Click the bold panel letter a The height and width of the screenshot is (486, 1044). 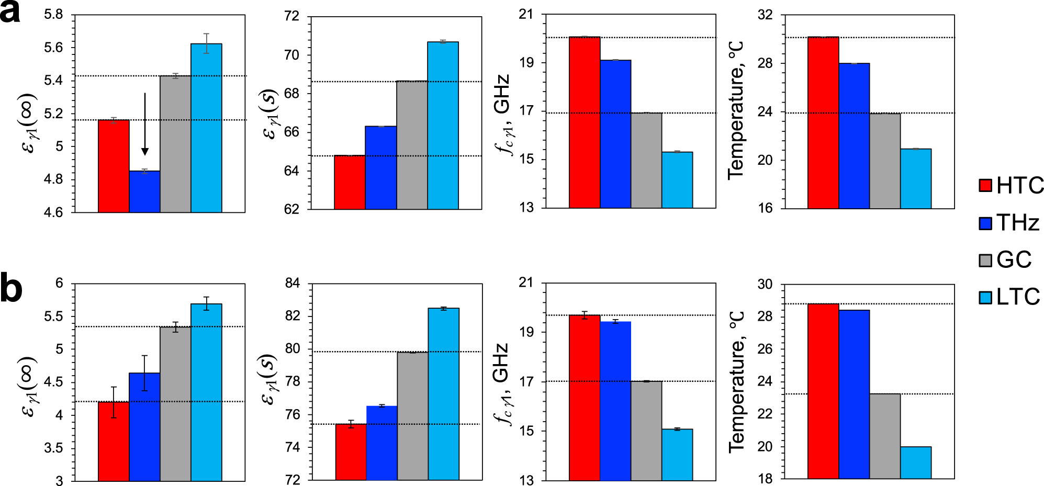click(x=10, y=12)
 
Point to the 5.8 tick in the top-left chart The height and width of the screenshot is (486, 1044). click(x=53, y=15)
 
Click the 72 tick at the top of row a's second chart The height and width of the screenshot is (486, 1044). click(x=292, y=16)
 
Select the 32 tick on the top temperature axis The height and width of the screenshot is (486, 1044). click(x=765, y=15)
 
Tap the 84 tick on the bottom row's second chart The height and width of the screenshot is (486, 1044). click(x=292, y=284)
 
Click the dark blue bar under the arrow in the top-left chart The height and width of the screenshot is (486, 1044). click(x=144, y=191)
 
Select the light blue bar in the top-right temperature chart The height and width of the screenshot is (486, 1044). click(x=916, y=178)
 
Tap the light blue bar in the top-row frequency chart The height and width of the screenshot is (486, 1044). click(x=677, y=180)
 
